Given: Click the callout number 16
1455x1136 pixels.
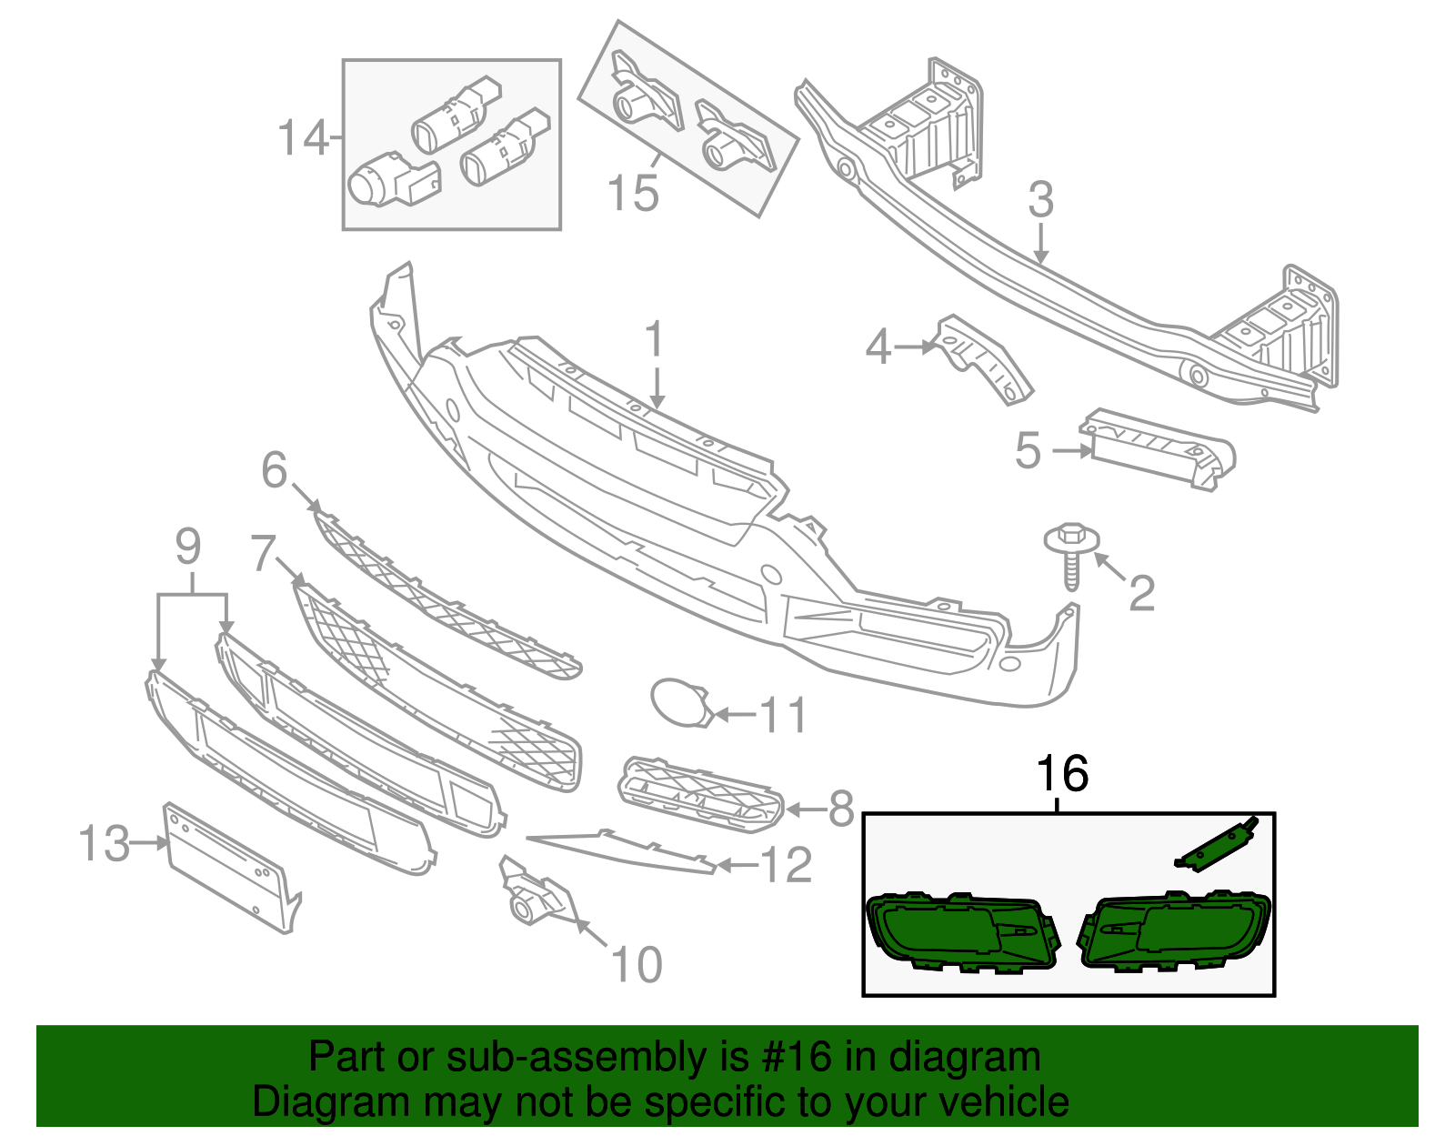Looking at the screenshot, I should coord(1062,774).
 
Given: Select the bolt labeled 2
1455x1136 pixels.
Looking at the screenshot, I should coord(1071,556).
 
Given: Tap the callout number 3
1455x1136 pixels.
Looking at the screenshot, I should coord(1040,200).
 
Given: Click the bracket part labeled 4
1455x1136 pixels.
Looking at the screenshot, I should coord(982,359).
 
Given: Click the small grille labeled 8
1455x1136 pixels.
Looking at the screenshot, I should coord(700,793).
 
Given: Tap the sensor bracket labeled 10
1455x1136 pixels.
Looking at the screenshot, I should coord(537,895).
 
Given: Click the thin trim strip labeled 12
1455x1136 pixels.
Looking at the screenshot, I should coord(627,849).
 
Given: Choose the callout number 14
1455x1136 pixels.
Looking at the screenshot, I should coord(302,139).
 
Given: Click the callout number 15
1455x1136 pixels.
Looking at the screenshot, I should coord(632,194).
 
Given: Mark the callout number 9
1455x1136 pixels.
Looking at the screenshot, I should coord(187,547).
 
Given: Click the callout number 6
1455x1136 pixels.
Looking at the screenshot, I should coord(274,470).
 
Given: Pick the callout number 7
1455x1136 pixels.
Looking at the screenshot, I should coord(263,553).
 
